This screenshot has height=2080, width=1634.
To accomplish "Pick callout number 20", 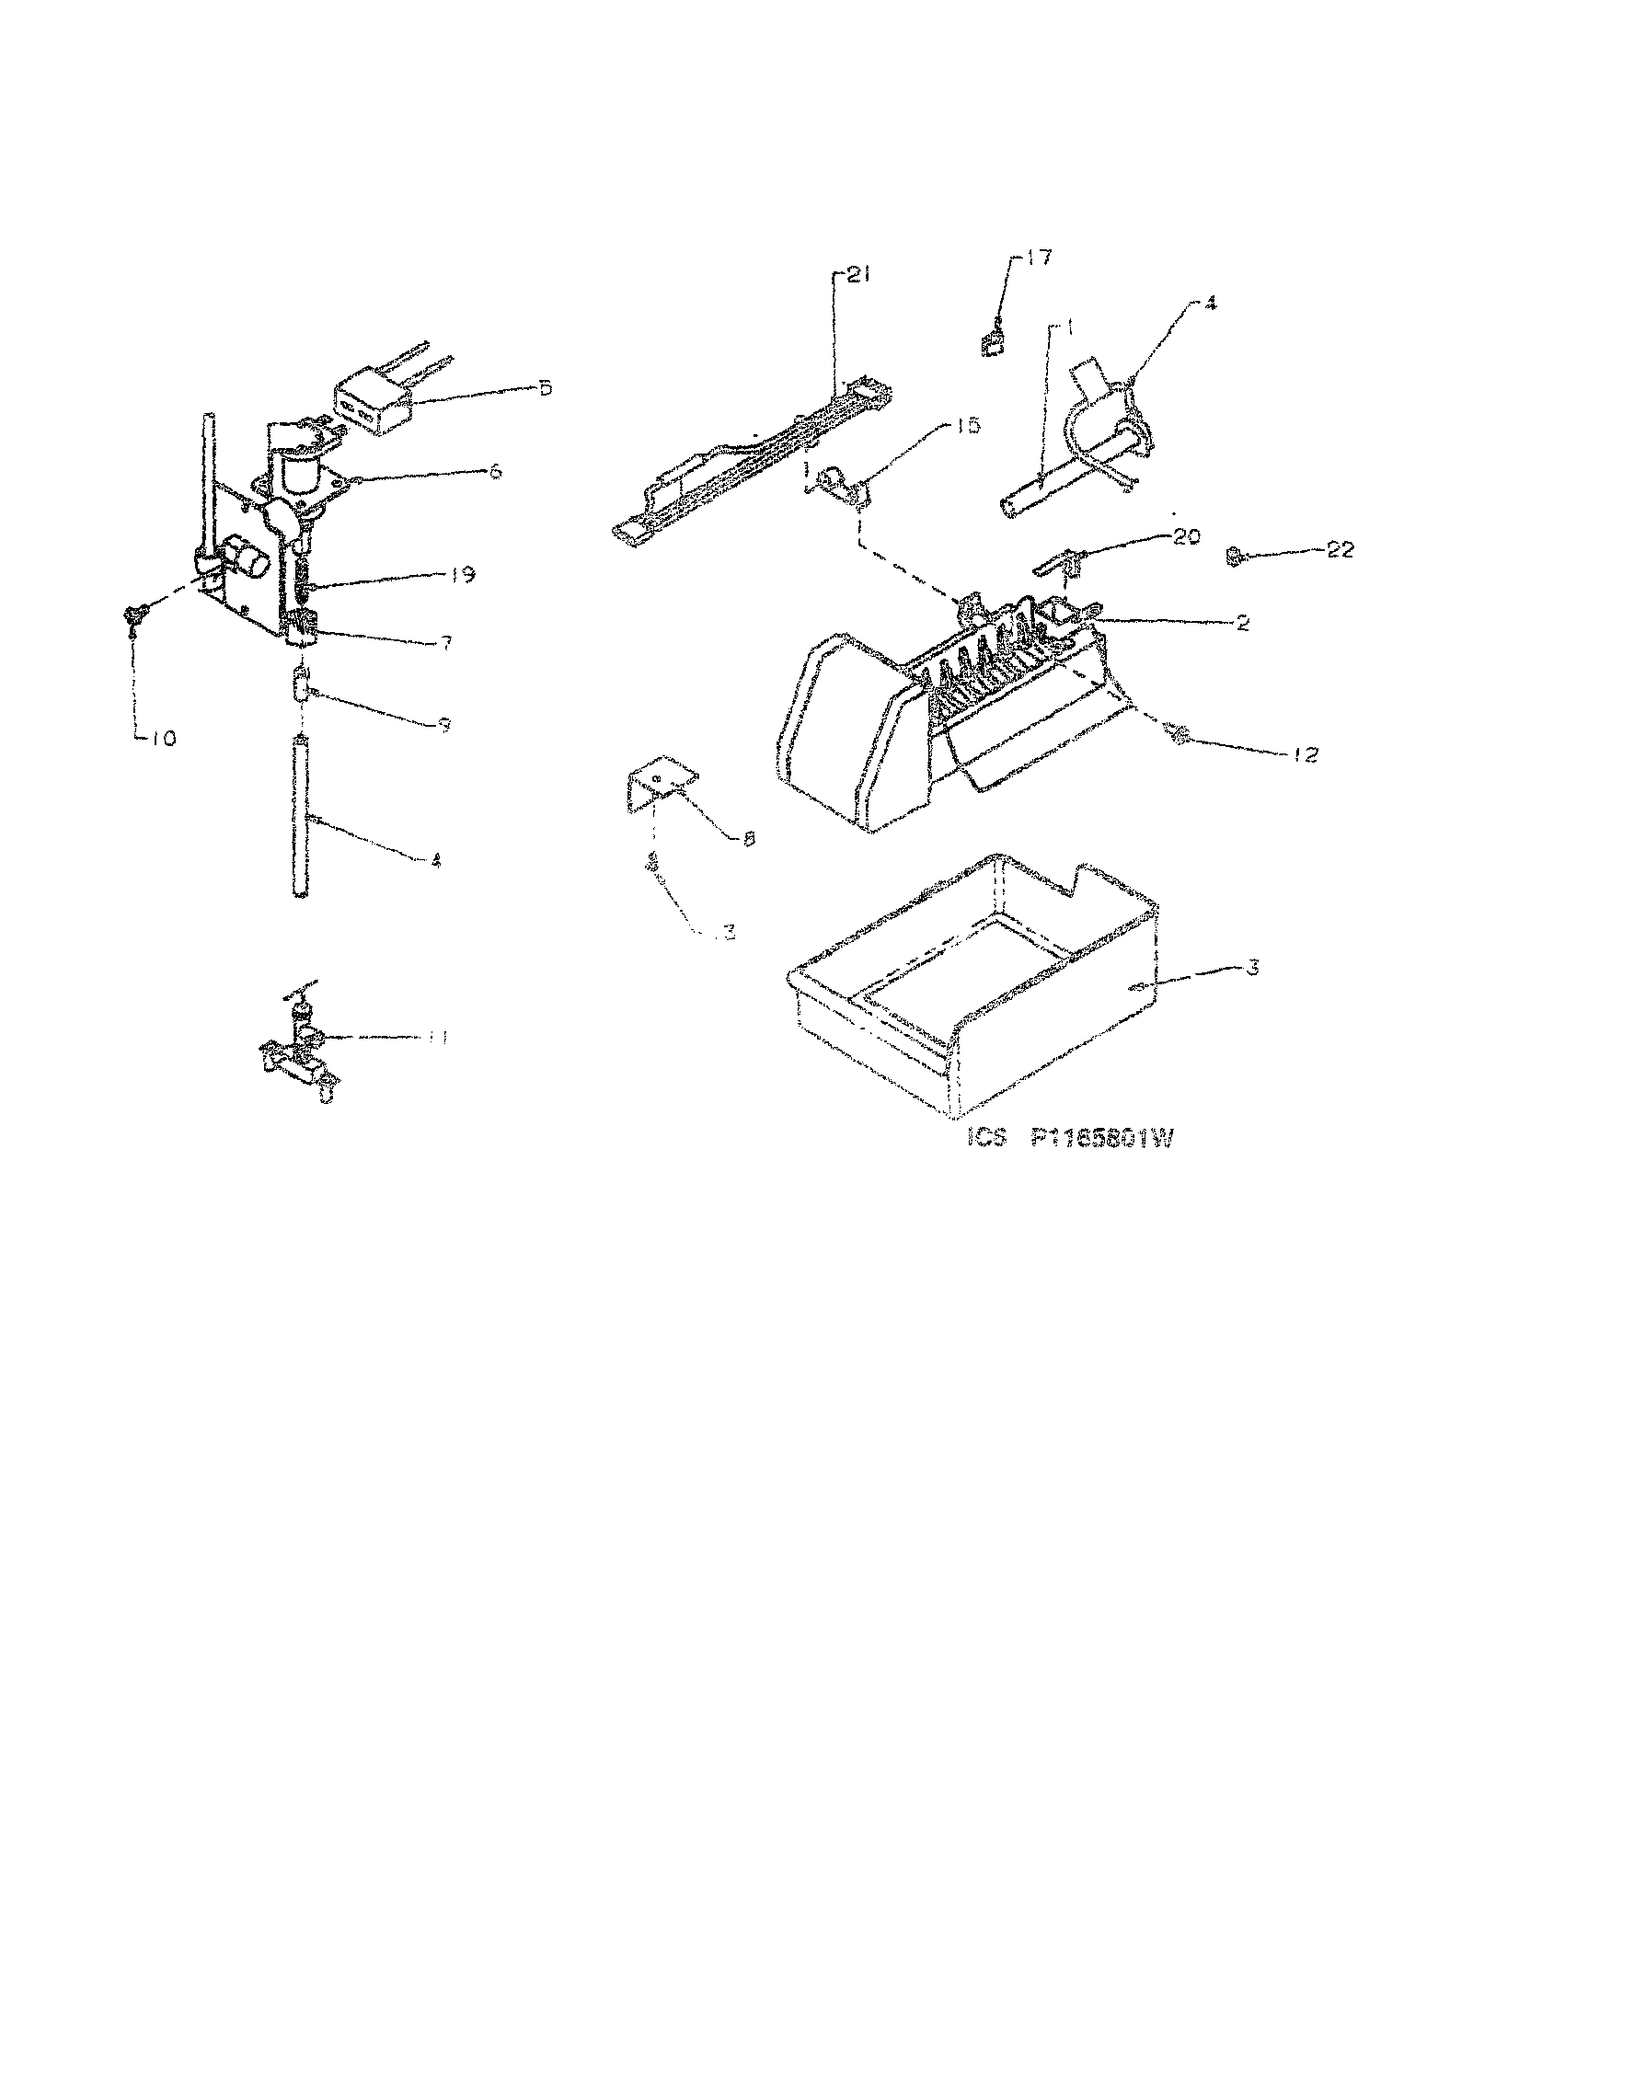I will click(x=1186, y=537).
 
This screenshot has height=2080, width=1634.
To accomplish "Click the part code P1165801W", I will click(x=1102, y=1138).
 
